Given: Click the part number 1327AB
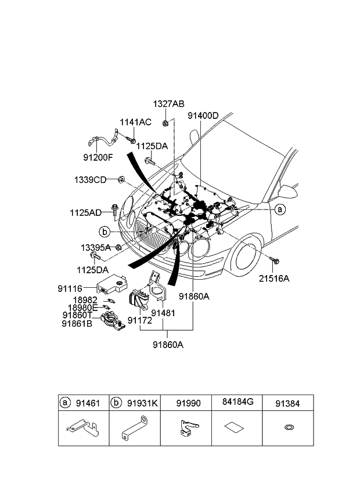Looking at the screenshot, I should tap(168, 104).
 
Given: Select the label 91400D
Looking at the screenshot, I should tap(203, 115).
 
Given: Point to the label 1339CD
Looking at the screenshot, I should tap(89, 179).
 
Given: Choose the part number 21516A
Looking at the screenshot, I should tap(273, 278).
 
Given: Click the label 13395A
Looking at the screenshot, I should tap(95, 248).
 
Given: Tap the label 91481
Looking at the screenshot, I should tap(163, 313).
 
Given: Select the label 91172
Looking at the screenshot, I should tap(139, 320).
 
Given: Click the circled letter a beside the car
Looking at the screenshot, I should tap(280, 209).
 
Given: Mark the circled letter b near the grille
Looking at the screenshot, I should tap(105, 232).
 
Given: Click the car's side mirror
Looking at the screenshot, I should tap(287, 191).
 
